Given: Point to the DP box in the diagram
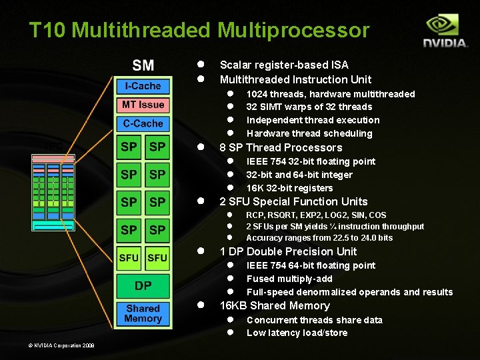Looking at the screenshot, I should [x=143, y=286].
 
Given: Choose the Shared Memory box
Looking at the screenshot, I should [x=143, y=313].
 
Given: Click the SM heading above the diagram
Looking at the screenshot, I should [x=143, y=65].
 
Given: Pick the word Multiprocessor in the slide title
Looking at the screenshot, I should [x=293, y=30].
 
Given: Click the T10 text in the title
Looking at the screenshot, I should [x=47, y=30].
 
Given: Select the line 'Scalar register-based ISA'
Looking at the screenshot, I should [x=284, y=65].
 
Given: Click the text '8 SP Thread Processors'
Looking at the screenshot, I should [x=281, y=147].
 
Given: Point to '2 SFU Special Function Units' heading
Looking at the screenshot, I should [x=293, y=201].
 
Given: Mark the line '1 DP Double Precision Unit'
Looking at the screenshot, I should [x=288, y=251].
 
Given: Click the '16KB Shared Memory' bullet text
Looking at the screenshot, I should [x=275, y=305].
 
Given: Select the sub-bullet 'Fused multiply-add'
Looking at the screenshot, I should [x=289, y=279].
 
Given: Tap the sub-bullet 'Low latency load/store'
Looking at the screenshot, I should [x=297, y=333].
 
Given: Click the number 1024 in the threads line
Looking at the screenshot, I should [x=257, y=94].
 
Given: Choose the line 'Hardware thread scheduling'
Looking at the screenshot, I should [x=309, y=133].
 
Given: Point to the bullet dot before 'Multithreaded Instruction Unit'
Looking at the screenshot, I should [x=199, y=79].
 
